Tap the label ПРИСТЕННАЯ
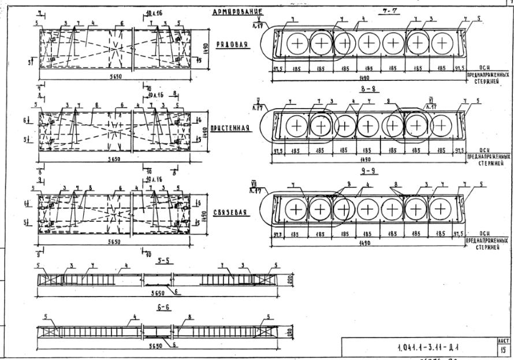(230, 128)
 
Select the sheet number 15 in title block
(503, 350)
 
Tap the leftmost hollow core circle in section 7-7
(297, 43)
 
